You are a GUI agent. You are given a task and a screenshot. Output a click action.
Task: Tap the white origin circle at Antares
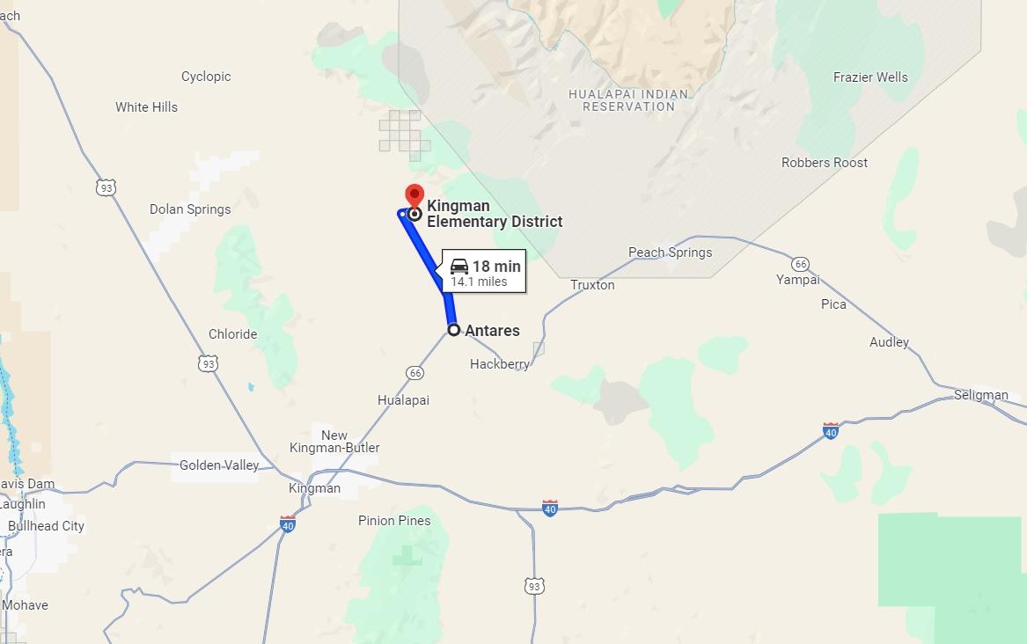(x=454, y=330)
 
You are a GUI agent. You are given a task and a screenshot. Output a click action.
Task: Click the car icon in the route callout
(x=459, y=266)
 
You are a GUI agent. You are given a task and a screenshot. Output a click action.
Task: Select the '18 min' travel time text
(x=496, y=267)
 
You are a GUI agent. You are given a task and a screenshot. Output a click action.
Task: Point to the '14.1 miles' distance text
(x=480, y=282)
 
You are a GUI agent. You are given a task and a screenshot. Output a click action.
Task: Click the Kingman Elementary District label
(x=494, y=214)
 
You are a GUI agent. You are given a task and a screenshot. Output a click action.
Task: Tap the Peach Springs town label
(x=670, y=252)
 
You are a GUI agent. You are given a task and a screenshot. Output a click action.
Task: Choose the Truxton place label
(x=592, y=285)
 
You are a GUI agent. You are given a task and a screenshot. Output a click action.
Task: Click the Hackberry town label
(x=500, y=364)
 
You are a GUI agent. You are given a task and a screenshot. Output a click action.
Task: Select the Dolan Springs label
(x=190, y=209)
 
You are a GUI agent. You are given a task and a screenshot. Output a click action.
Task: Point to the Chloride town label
(x=232, y=334)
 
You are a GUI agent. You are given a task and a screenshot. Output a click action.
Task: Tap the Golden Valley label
(x=219, y=465)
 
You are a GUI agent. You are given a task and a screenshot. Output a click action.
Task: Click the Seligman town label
(x=980, y=395)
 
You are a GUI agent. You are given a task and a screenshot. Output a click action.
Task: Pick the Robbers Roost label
(x=825, y=163)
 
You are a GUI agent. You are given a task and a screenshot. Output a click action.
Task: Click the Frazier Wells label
(x=870, y=77)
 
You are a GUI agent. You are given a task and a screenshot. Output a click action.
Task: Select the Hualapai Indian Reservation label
(x=628, y=100)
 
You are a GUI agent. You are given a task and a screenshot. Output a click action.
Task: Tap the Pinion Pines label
(x=394, y=521)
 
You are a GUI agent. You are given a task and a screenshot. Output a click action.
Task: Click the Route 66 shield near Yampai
(x=800, y=264)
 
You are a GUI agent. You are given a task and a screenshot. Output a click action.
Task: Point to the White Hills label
(x=146, y=107)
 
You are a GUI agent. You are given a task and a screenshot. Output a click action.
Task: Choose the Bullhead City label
(x=46, y=526)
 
